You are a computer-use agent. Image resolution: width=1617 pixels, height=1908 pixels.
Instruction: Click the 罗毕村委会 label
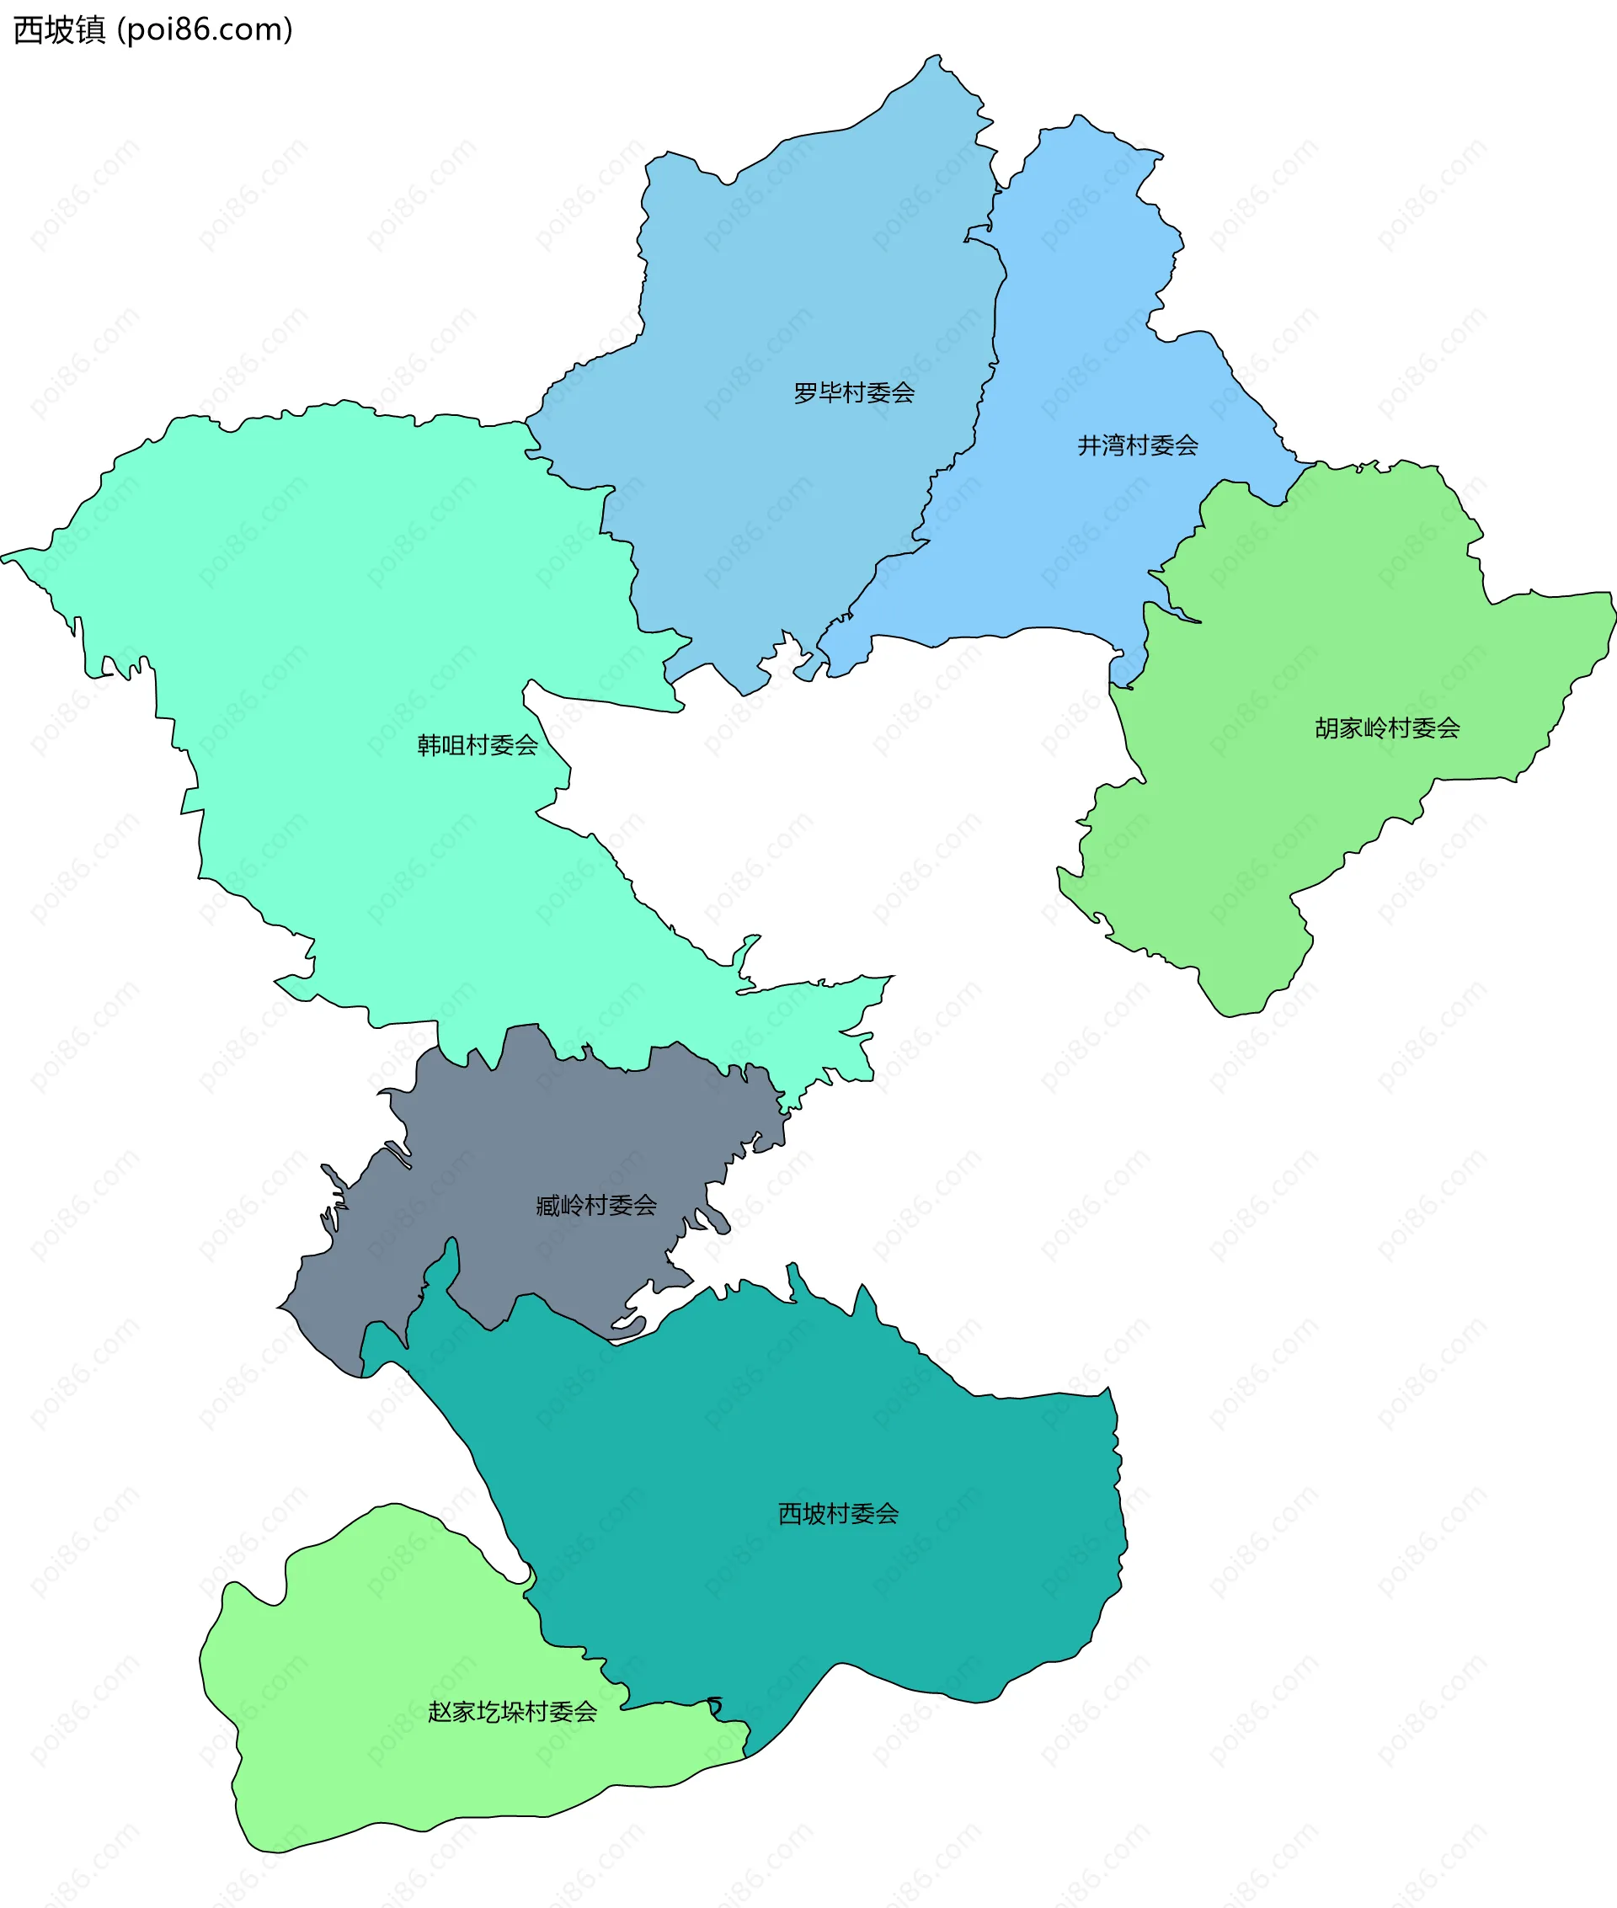(853, 393)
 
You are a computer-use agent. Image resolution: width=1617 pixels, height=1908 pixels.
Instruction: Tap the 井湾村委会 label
(1138, 445)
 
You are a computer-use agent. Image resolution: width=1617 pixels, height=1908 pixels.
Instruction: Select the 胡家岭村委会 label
(1387, 728)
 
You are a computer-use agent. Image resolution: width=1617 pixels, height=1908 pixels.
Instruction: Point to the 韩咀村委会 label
(478, 745)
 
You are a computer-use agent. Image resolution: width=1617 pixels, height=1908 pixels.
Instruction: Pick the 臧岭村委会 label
(597, 1205)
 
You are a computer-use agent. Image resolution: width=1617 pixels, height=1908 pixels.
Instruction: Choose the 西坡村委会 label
(838, 1514)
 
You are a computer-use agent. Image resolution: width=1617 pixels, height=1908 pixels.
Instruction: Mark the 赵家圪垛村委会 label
(512, 1712)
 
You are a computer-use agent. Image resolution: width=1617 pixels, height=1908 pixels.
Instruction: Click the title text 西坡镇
(60, 30)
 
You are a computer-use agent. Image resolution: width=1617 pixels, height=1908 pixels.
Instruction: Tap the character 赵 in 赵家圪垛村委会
(440, 1712)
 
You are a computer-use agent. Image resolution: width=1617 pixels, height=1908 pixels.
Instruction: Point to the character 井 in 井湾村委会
(1089, 445)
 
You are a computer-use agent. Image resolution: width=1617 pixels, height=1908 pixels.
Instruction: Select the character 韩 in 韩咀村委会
(429, 745)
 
